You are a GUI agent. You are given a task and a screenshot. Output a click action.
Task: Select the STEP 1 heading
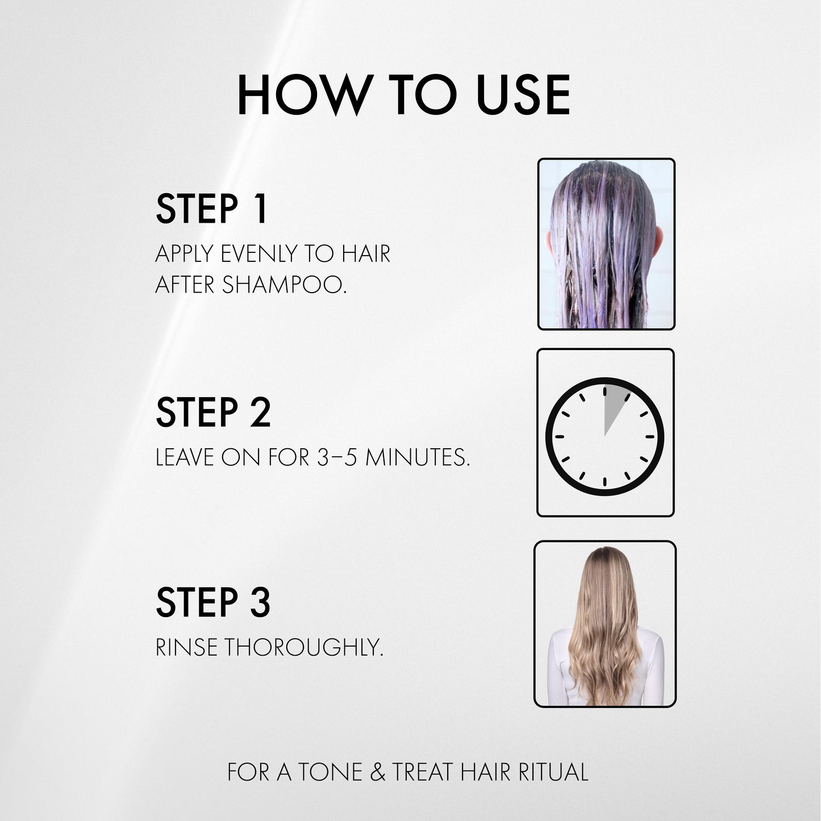pyautogui.click(x=211, y=209)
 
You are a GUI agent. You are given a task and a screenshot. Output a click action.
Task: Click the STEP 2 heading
pyautogui.click(x=213, y=412)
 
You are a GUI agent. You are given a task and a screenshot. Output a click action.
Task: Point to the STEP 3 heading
pyautogui.click(x=213, y=603)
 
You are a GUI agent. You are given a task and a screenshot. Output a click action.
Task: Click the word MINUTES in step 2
pyautogui.click(x=418, y=457)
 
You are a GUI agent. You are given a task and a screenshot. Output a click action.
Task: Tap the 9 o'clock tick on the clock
pyautogui.click(x=558, y=436)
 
